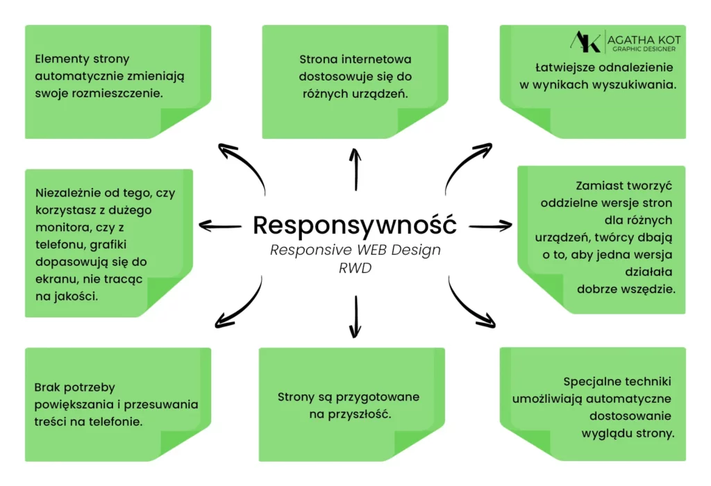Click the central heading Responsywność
point(355,225)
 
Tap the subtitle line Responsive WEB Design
point(355,250)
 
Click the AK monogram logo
point(585,41)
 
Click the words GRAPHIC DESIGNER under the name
point(641,49)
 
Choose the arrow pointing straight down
point(355,315)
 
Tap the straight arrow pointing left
point(219,224)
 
